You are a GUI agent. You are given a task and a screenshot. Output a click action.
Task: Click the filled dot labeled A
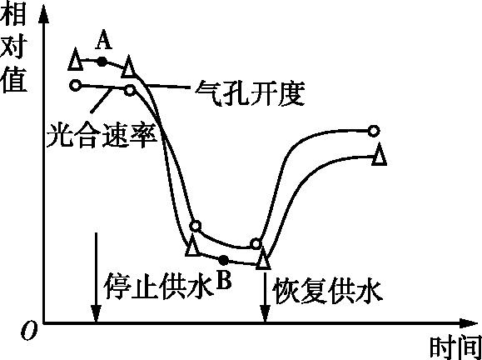102,62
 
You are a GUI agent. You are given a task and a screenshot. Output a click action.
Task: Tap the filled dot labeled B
223,260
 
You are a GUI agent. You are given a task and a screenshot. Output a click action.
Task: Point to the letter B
223,280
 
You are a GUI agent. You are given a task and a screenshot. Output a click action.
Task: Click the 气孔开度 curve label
250,93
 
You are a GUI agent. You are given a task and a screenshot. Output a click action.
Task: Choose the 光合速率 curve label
102,135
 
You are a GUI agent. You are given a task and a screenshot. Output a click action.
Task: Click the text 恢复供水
327,291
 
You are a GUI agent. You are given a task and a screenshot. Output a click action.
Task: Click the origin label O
29,332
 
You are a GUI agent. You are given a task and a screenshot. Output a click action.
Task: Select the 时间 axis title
455,347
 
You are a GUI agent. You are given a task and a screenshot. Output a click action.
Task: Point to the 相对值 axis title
14,47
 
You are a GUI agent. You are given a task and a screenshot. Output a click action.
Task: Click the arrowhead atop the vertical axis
44,14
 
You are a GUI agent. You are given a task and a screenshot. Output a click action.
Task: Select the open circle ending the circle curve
374,131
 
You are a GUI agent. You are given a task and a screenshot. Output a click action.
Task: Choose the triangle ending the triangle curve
379,155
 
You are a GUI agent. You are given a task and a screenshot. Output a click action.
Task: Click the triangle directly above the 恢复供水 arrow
263,258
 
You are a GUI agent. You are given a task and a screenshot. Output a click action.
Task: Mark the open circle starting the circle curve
75,85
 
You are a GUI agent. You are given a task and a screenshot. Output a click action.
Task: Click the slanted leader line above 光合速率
101,99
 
